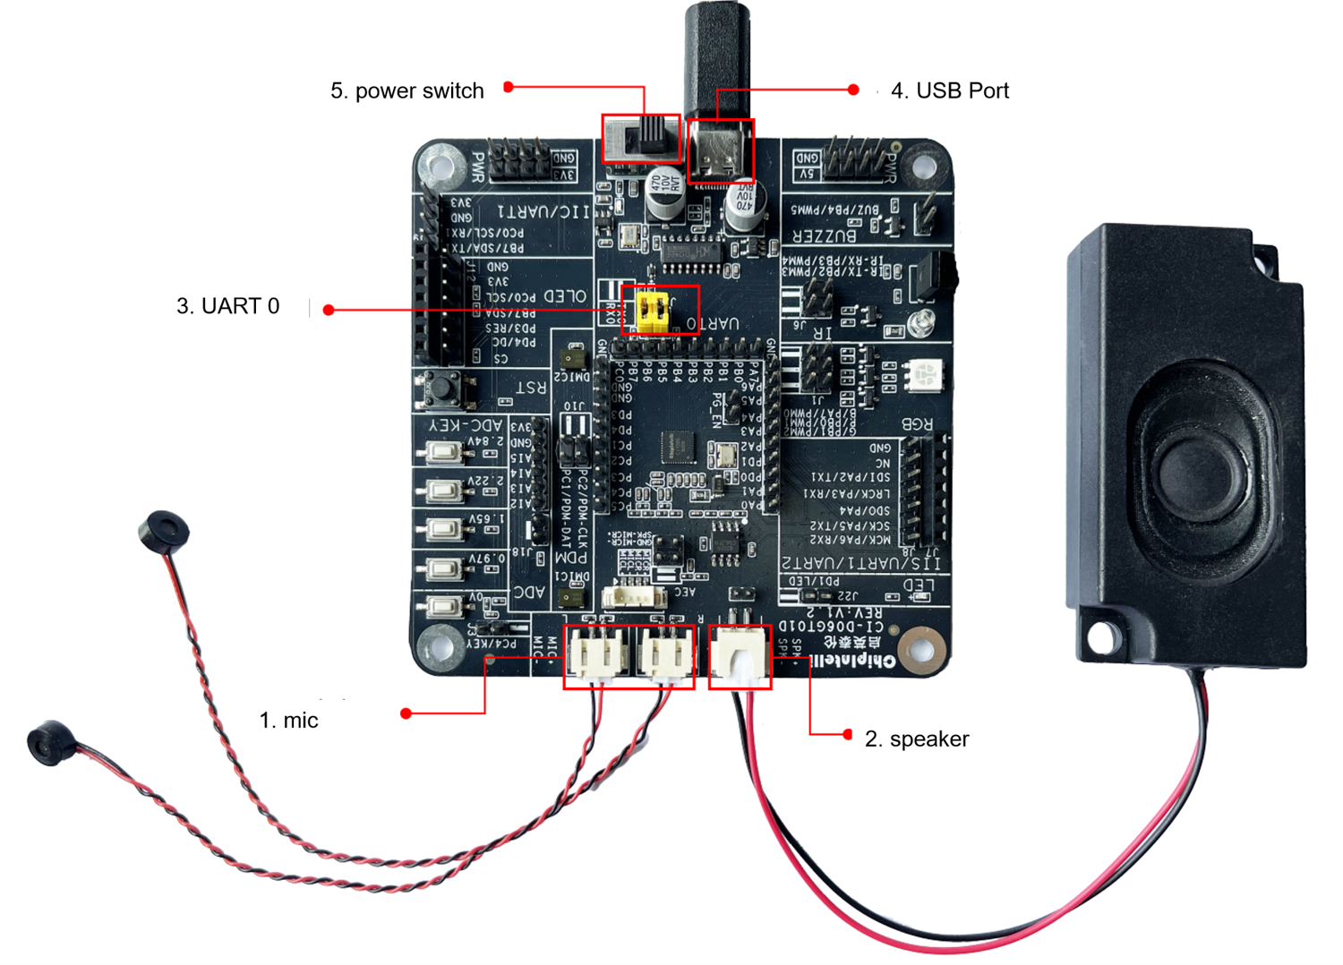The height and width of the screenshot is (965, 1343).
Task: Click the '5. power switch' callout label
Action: click(407, 91)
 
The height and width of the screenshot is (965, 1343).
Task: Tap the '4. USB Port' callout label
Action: click(950, 91)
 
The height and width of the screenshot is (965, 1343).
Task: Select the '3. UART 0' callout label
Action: click(228, 307)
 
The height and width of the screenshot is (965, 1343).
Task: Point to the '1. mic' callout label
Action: click(289, 721)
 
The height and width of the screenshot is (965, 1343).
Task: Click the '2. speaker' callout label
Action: click(917, 739)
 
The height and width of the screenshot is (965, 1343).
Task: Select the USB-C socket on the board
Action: click(718, 152)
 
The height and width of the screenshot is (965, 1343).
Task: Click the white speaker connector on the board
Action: click(740, 655)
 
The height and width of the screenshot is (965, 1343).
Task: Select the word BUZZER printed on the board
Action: click(825, 235)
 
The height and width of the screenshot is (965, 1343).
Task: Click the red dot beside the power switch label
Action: click(509, 87)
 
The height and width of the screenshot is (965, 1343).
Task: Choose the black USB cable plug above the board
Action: click(716, 54)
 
